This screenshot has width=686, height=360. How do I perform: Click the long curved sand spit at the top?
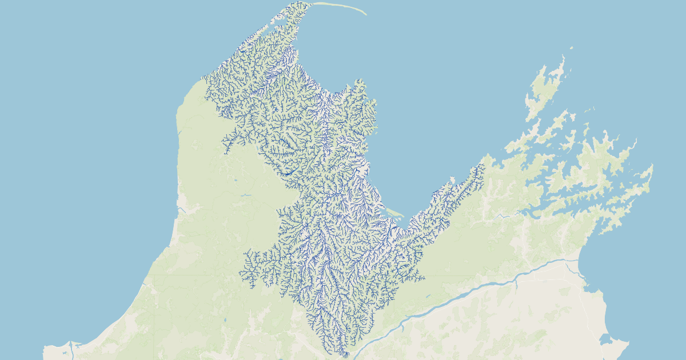click(x=343, y=6)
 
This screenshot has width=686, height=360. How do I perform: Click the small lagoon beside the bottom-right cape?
click(x=605, y=343)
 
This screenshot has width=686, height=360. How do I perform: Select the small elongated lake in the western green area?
click(x=246, y=195)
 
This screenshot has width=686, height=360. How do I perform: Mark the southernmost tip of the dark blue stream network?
click(x=346, y=356)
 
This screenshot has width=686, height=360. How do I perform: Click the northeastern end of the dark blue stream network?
click(x=483, y=166)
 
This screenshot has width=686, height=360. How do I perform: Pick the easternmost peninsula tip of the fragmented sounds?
click(x=652, y=167)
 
